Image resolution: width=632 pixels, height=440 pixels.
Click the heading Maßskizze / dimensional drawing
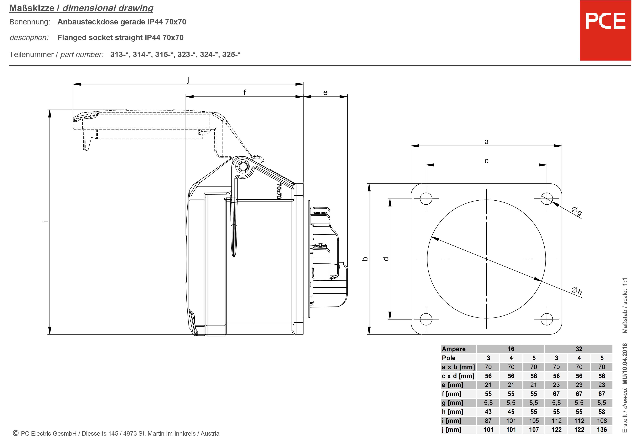point(81,8)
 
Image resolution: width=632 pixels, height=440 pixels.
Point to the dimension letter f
point(244,92)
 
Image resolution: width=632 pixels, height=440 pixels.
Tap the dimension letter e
point(325,93)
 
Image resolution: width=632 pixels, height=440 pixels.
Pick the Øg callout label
point(577,211)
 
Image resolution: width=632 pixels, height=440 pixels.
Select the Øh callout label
point(577,291)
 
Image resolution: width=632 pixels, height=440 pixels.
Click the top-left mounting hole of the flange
point(426,198)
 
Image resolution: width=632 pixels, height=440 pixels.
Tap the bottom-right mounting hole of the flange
point(546,319)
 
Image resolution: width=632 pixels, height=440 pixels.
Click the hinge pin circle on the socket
point(243,166)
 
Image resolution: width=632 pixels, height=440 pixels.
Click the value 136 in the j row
point(602,430)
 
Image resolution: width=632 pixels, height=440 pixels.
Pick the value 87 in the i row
point(488,420)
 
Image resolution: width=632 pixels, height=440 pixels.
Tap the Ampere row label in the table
point(454,349)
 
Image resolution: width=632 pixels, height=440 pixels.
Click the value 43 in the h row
point(488,412)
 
